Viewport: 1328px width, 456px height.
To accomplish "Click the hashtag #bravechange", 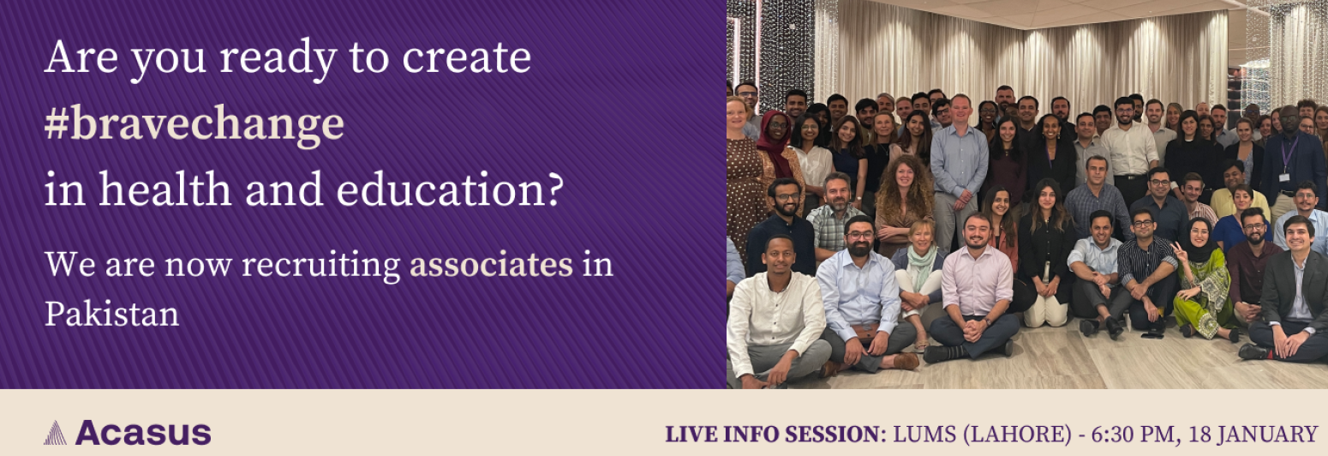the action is [194, 124].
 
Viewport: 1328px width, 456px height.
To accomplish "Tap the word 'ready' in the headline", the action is [278, 59].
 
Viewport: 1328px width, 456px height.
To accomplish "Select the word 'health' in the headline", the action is [165, 189].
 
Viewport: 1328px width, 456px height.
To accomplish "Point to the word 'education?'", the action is [450, 189].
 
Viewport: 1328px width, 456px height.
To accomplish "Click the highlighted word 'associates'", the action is [492, 265].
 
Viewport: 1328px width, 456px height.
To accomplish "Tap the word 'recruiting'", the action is [321, 266].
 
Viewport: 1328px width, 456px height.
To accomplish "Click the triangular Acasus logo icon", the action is [55, 433].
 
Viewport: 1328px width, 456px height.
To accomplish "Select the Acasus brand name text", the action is [143, 433].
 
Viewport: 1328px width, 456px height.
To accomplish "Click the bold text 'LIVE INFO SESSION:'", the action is [775, 435].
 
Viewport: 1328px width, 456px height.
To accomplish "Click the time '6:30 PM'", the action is [1133, 435].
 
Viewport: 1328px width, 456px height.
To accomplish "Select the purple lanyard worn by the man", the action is [1285, 157].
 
